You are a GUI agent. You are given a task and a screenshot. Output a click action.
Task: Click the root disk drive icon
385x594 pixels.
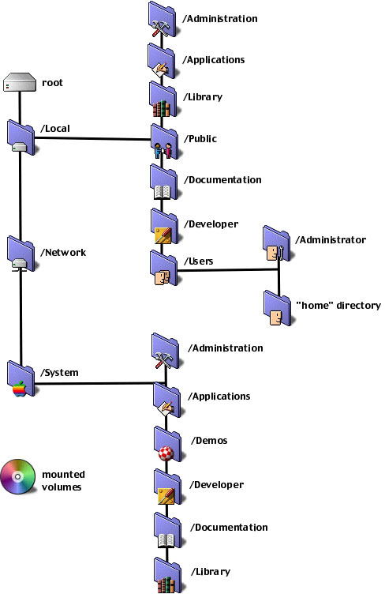19,82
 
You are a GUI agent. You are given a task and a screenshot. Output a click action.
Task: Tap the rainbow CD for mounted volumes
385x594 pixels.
17,476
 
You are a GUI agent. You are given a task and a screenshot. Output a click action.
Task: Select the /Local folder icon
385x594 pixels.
21,137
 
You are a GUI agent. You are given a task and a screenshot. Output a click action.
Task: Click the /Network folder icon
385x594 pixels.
21,254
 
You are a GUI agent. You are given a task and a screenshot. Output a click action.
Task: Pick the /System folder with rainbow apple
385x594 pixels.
21,378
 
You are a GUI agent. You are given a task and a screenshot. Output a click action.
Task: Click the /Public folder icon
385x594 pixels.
165,141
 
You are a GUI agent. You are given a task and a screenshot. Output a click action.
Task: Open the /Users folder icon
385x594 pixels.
164,268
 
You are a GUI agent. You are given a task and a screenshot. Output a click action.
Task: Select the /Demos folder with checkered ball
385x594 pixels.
167,444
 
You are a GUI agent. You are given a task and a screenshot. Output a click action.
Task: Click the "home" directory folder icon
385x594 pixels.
277,308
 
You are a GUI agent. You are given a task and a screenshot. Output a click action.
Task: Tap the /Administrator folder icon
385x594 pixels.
277,243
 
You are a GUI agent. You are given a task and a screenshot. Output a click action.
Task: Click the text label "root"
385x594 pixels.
52,83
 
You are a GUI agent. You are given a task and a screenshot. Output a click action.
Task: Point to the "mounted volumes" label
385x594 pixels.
63,480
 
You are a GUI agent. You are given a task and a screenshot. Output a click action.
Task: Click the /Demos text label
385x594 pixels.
209,440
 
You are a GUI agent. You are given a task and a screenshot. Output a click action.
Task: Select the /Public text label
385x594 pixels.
200,139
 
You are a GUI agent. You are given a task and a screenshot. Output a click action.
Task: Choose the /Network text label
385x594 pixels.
63,252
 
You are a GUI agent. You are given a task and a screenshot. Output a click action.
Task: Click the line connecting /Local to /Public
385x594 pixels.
93,139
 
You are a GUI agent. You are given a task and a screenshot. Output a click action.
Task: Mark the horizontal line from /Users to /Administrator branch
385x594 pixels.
228,270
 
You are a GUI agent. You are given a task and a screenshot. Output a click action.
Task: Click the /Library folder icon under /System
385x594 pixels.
167,575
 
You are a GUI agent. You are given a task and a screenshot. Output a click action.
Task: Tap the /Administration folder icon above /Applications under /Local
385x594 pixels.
163,19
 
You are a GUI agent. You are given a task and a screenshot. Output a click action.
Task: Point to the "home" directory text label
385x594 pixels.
338,306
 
